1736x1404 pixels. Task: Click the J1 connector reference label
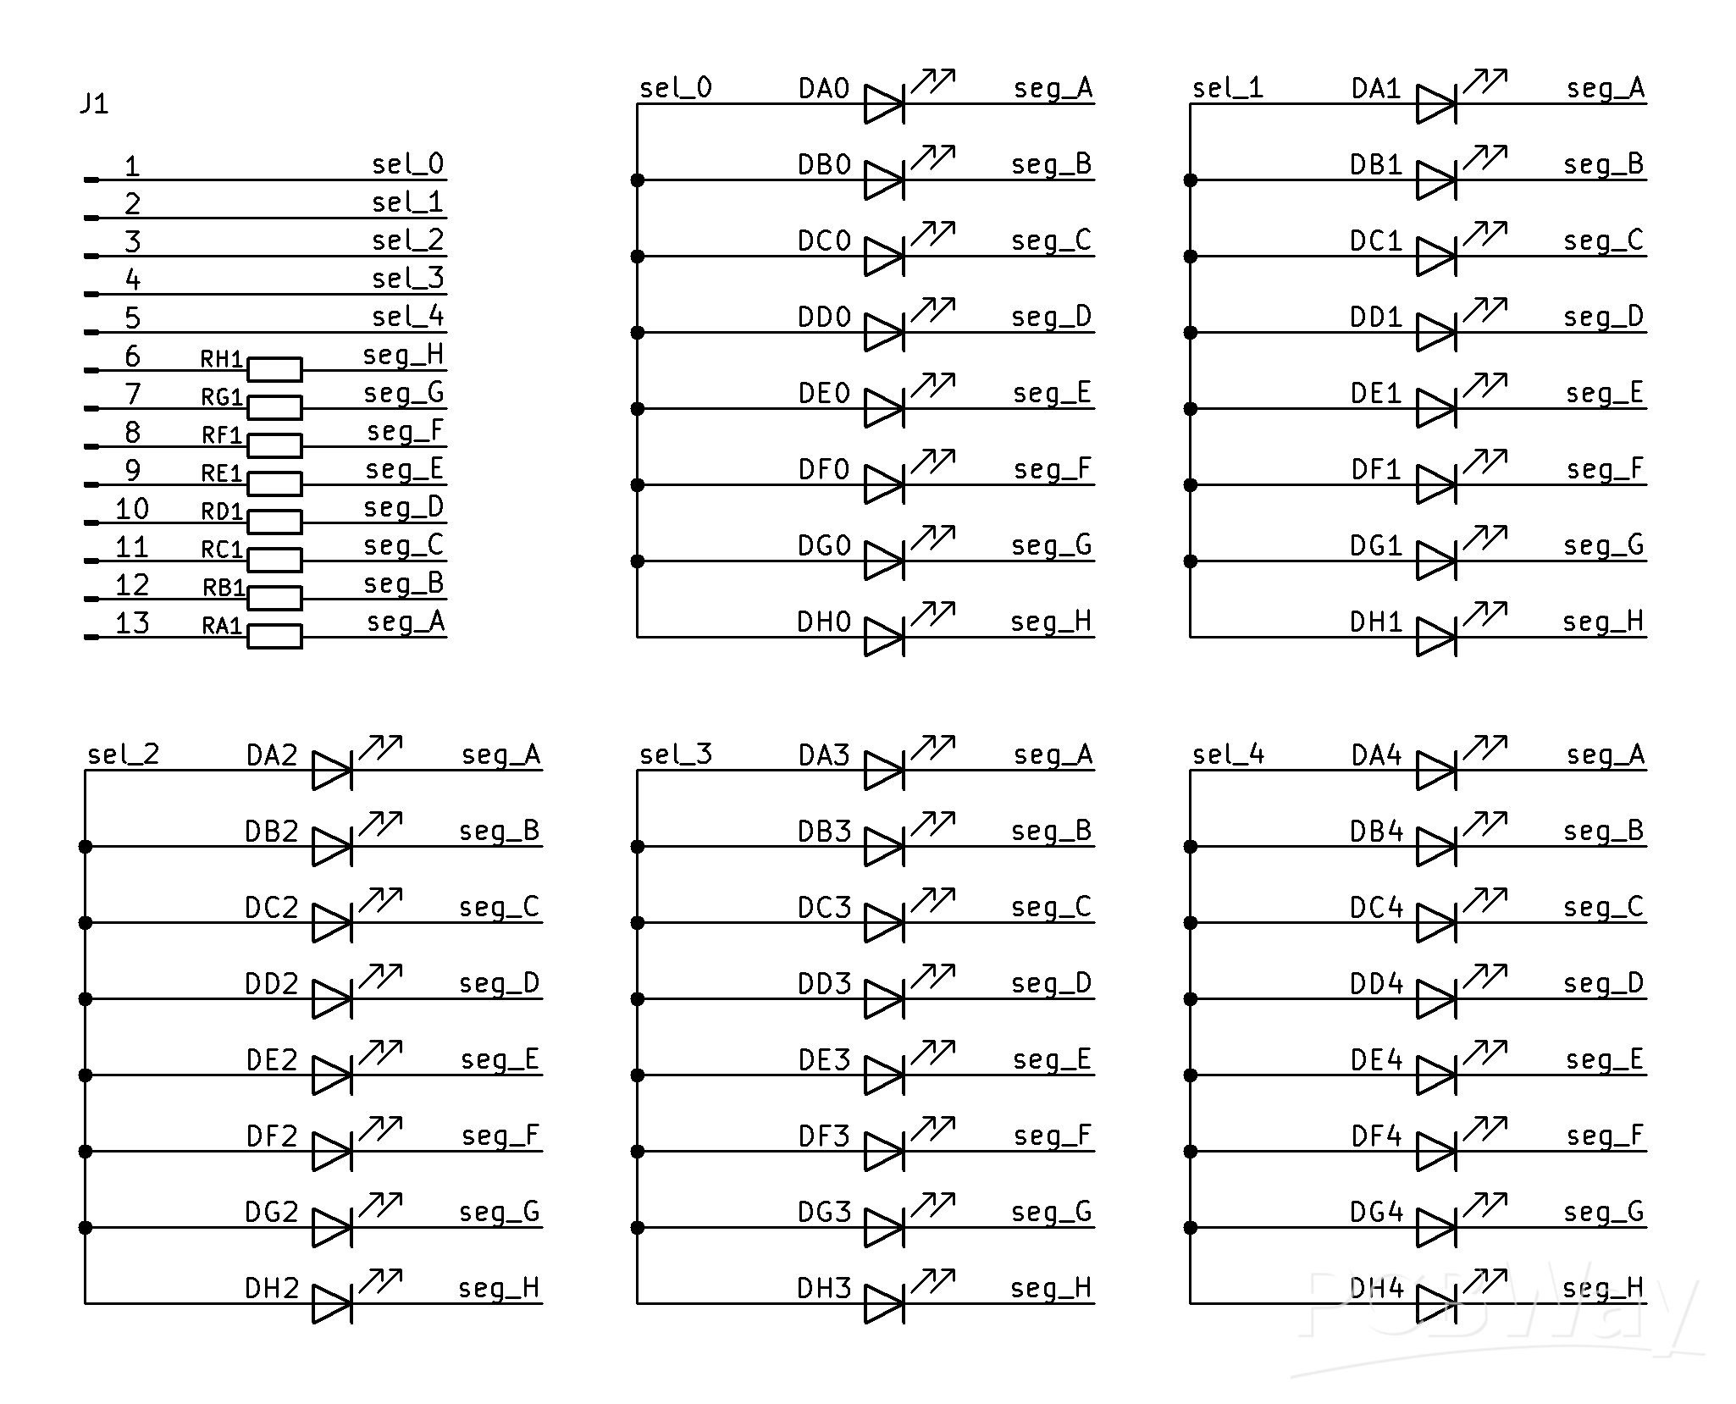click(94, 103)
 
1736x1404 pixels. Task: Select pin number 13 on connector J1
click(132, 622)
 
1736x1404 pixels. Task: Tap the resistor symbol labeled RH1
click(274, 369)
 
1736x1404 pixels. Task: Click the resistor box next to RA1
click(274, 636)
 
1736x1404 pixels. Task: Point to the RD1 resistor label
click(222, 511)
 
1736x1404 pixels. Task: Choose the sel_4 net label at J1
click(408, 317)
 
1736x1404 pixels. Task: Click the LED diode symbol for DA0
click(884, 104)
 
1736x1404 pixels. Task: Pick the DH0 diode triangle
click(884, 637)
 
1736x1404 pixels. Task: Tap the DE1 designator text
click(1376, 394)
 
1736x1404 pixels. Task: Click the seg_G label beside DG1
click(1603, 545)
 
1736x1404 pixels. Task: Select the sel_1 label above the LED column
click(1227, 88)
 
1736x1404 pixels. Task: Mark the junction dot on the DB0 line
click(638, 180)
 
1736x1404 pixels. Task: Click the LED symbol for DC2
click(332, 922)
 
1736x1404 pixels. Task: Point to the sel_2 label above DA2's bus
click(124, 755)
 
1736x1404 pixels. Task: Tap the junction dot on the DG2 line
click(86, 1227)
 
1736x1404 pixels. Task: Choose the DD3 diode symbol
click(884, 998)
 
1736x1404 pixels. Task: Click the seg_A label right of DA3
click(1053, 755)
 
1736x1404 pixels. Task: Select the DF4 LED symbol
click(1436, 1151)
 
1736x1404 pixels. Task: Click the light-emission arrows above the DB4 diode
click(1484, 822)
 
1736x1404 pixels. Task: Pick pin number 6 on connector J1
click(132, 356)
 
